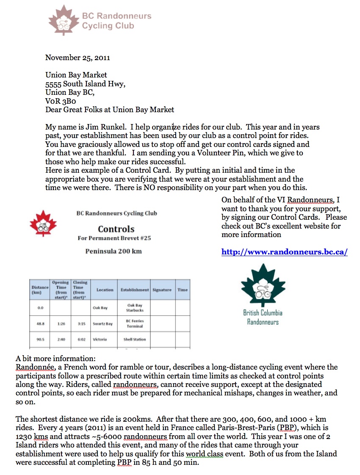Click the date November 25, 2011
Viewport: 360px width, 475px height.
click(x=78, y=58)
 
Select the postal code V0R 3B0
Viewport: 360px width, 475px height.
click(x=61, y=101)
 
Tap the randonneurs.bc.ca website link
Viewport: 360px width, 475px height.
click(x=284, y=252)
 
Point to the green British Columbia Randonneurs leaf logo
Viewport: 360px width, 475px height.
click(x=263, y=288)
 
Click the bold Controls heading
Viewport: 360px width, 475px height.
click(x=116, y=229)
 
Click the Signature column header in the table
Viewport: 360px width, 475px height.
click(x=162, y=290)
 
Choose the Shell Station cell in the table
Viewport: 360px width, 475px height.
click(x=135, y=340)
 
